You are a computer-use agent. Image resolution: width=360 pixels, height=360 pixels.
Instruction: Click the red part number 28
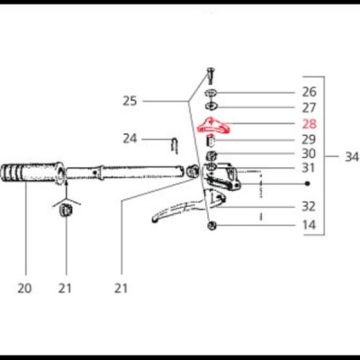tap(309, 123)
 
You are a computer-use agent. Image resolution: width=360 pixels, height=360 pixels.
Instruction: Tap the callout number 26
tap(309, 92)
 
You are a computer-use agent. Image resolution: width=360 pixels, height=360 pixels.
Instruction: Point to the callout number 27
tap(309, 107)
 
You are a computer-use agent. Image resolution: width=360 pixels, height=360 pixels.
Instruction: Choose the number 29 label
tap(309, 139)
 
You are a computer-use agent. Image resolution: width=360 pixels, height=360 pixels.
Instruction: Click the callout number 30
tap(309, 154)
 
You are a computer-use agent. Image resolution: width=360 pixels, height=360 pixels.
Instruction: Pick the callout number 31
tap(309, 167)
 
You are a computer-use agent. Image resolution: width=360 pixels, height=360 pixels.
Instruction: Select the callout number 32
tap(309, 205)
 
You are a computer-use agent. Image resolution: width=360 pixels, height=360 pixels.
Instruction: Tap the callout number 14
tap(309, 224)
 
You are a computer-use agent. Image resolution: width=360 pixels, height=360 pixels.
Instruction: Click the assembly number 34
tap(352, 156)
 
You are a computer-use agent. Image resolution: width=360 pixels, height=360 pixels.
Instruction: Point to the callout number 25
tap(130, 101)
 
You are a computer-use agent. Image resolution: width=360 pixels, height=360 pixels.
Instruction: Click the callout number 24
tap(130, 139)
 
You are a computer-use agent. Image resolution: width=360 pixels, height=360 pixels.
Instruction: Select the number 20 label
tap(23, 288)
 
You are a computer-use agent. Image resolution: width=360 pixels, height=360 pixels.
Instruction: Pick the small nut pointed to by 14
tap(212, 224)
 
